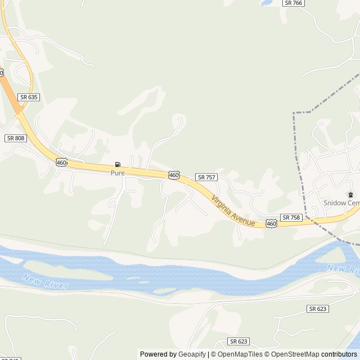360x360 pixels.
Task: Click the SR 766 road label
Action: pos(294,3)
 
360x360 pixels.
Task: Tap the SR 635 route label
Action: pos(29,97)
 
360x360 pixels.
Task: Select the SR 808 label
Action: pos(16,138)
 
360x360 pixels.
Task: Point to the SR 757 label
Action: pos(206,177)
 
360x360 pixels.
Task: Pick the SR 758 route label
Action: pos(291,217)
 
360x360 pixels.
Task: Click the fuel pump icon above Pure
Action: pos(117,165)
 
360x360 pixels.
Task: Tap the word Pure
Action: pos(118,173)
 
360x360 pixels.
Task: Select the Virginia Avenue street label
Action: pos(233,211)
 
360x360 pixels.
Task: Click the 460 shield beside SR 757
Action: pos(174,175)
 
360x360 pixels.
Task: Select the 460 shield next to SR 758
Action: pos(272,224)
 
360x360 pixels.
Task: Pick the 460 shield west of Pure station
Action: pos(61,163)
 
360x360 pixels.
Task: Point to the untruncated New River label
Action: pos(46,282)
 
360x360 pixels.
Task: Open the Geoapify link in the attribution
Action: pos(192,354)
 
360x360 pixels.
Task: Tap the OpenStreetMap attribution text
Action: pos(295,354)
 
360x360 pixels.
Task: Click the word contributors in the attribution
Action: pos(339,354)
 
